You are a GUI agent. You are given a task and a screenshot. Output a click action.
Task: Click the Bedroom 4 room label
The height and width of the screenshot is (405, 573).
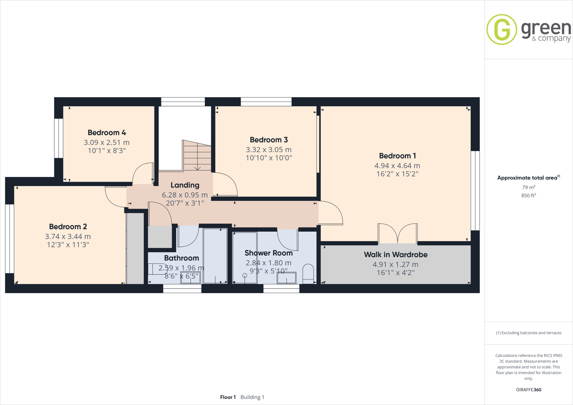107,133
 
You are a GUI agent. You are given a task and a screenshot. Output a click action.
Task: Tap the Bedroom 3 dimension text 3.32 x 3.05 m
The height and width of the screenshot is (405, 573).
269,150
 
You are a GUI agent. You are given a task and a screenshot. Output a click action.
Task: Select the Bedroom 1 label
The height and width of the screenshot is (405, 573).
397,156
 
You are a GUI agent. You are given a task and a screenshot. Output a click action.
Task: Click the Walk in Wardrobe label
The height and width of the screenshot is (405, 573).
396,255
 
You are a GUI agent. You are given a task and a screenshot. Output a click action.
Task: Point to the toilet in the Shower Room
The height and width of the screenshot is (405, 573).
308,273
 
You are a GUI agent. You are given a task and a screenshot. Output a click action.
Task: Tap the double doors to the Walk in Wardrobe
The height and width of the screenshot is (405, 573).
397,234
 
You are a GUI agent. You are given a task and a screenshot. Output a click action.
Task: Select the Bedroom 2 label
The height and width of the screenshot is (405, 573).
68,227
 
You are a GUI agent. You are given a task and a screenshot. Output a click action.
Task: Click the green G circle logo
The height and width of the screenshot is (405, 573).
502,29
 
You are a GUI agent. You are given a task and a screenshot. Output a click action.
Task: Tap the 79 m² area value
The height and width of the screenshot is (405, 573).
529,187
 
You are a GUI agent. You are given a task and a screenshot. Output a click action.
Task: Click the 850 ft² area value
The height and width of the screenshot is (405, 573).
529,196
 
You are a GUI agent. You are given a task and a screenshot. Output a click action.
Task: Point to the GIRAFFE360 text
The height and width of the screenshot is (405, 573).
529,390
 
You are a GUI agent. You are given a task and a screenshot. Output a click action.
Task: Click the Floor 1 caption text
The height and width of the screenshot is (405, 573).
228,397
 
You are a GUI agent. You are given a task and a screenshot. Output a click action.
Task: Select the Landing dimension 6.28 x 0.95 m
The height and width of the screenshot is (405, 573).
185,195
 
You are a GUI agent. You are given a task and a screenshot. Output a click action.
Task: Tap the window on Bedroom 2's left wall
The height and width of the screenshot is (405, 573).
10,239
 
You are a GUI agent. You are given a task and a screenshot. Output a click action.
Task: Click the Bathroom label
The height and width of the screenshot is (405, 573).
181,258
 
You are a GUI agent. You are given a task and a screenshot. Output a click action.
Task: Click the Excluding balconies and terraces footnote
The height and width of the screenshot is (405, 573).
529,333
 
